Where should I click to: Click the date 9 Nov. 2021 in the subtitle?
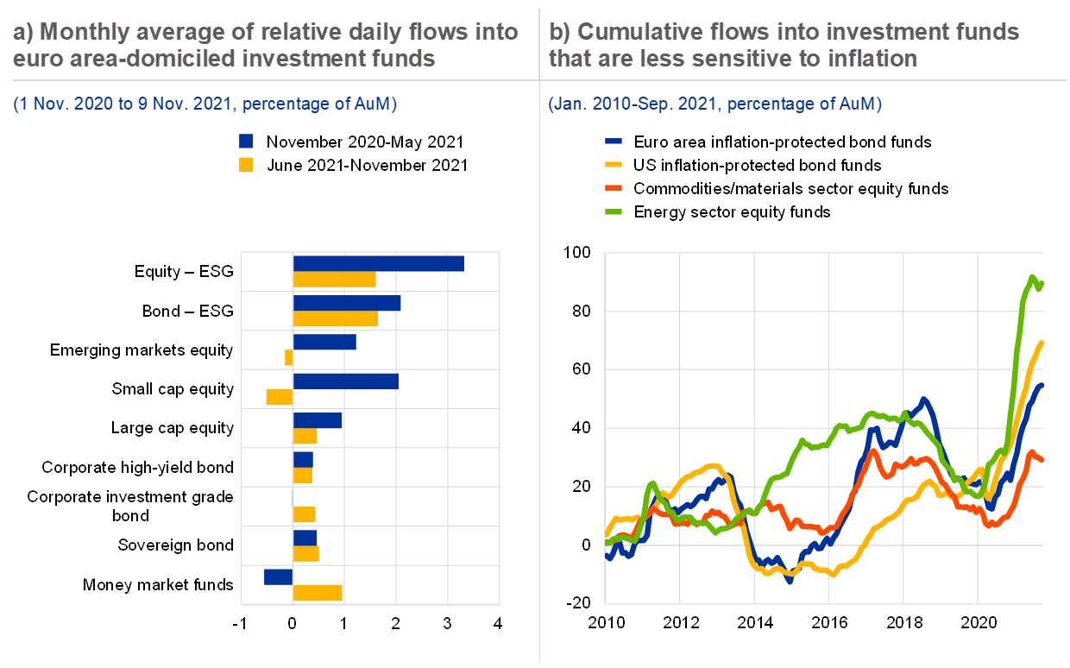(181, 105)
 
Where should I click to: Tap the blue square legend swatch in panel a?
(246, 142)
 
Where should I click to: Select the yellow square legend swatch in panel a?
(246, 165)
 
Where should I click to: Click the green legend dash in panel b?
(614, 211)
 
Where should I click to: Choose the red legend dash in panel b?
(614, 187)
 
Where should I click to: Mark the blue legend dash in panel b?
(614, 141)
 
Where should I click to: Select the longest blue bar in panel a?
(378, 264)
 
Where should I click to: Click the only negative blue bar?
(279, 577)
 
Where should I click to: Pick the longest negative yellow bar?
(280, 397)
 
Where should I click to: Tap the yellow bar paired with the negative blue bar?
(318, 593)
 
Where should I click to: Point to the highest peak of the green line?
(1032, 277)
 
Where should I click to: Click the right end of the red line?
(1042, 459)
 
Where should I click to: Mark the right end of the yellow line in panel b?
(1042, 343)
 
